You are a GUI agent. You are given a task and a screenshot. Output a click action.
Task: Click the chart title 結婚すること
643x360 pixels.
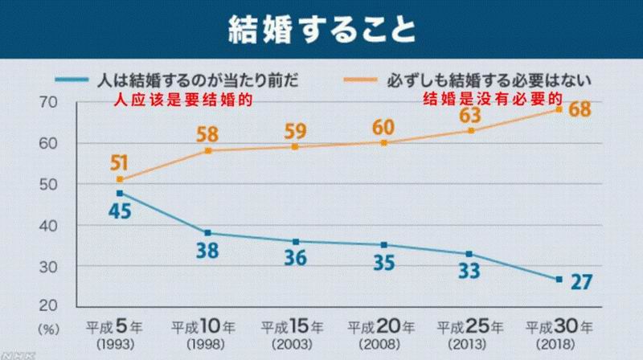321,31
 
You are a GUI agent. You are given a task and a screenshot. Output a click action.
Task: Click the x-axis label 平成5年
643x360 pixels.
120,327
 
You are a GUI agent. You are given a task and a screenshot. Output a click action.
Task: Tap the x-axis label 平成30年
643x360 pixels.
558,327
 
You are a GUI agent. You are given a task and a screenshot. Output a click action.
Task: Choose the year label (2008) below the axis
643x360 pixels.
383,343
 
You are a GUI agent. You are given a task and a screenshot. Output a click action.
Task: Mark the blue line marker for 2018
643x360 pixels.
558,279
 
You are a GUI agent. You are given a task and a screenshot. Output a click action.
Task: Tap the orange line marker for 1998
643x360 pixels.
207,150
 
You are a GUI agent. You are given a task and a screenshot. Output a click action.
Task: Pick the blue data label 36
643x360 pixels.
295,260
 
